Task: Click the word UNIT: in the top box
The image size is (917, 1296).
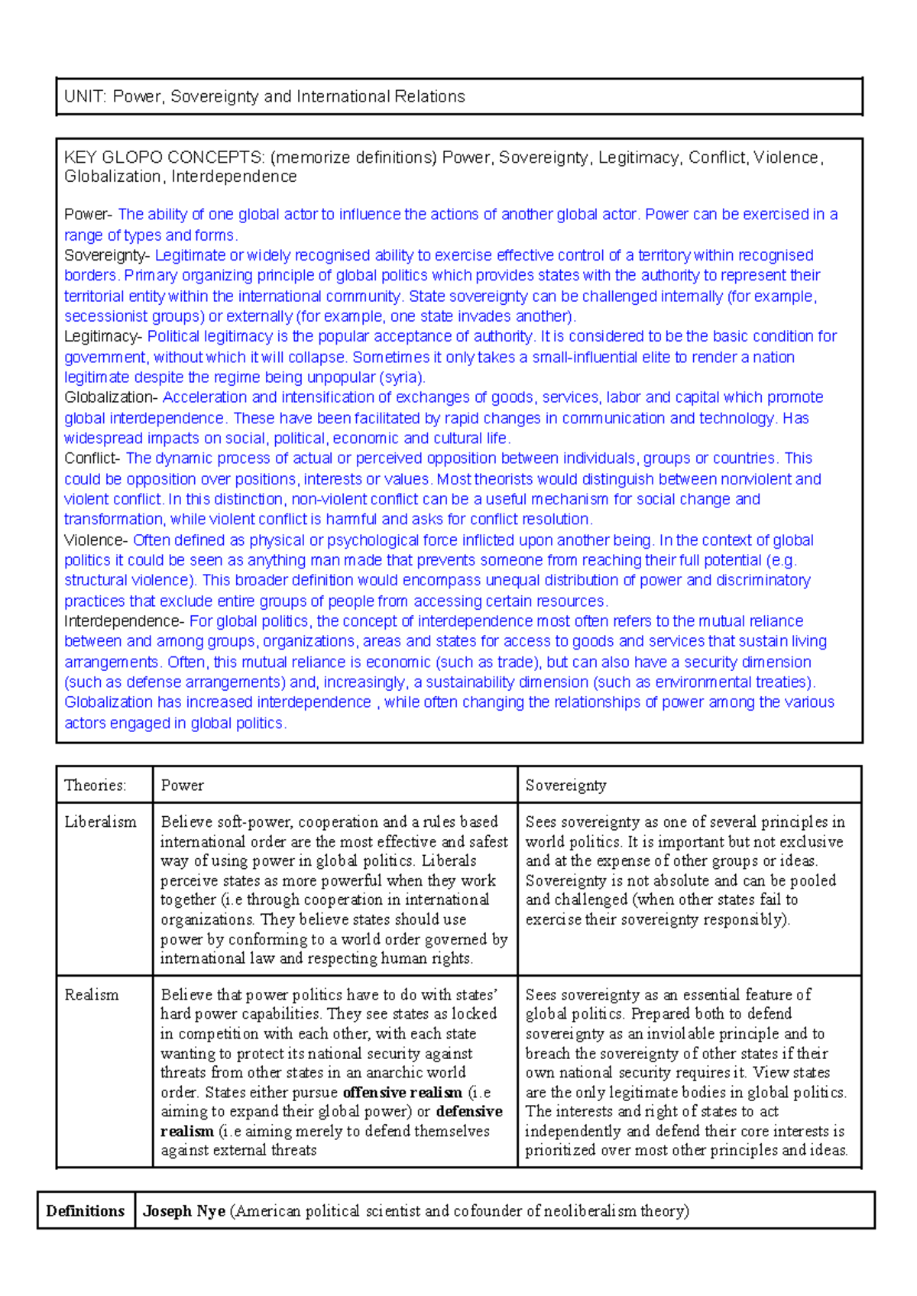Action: click(86, 97)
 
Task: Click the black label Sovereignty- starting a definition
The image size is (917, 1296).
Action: click(108, 255)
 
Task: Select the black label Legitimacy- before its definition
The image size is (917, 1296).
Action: click(103, 336)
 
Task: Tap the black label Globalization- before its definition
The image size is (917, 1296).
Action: click(111, 397)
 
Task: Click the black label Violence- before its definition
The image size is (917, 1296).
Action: click(96, 540)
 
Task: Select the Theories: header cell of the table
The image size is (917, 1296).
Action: click(96, 786)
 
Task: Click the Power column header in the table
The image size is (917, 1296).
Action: click(182, 786)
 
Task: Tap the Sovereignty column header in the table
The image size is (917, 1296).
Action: click(565, 786)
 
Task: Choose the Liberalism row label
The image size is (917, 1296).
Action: click(100, 822)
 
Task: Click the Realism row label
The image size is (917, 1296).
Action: click(92, 995)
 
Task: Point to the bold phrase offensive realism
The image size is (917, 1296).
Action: click(403, 1093)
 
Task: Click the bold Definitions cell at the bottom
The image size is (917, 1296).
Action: click(86, 1211)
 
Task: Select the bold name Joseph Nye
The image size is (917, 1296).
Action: click(184, 1211)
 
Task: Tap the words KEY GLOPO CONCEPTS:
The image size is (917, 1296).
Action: click(165, 158)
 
